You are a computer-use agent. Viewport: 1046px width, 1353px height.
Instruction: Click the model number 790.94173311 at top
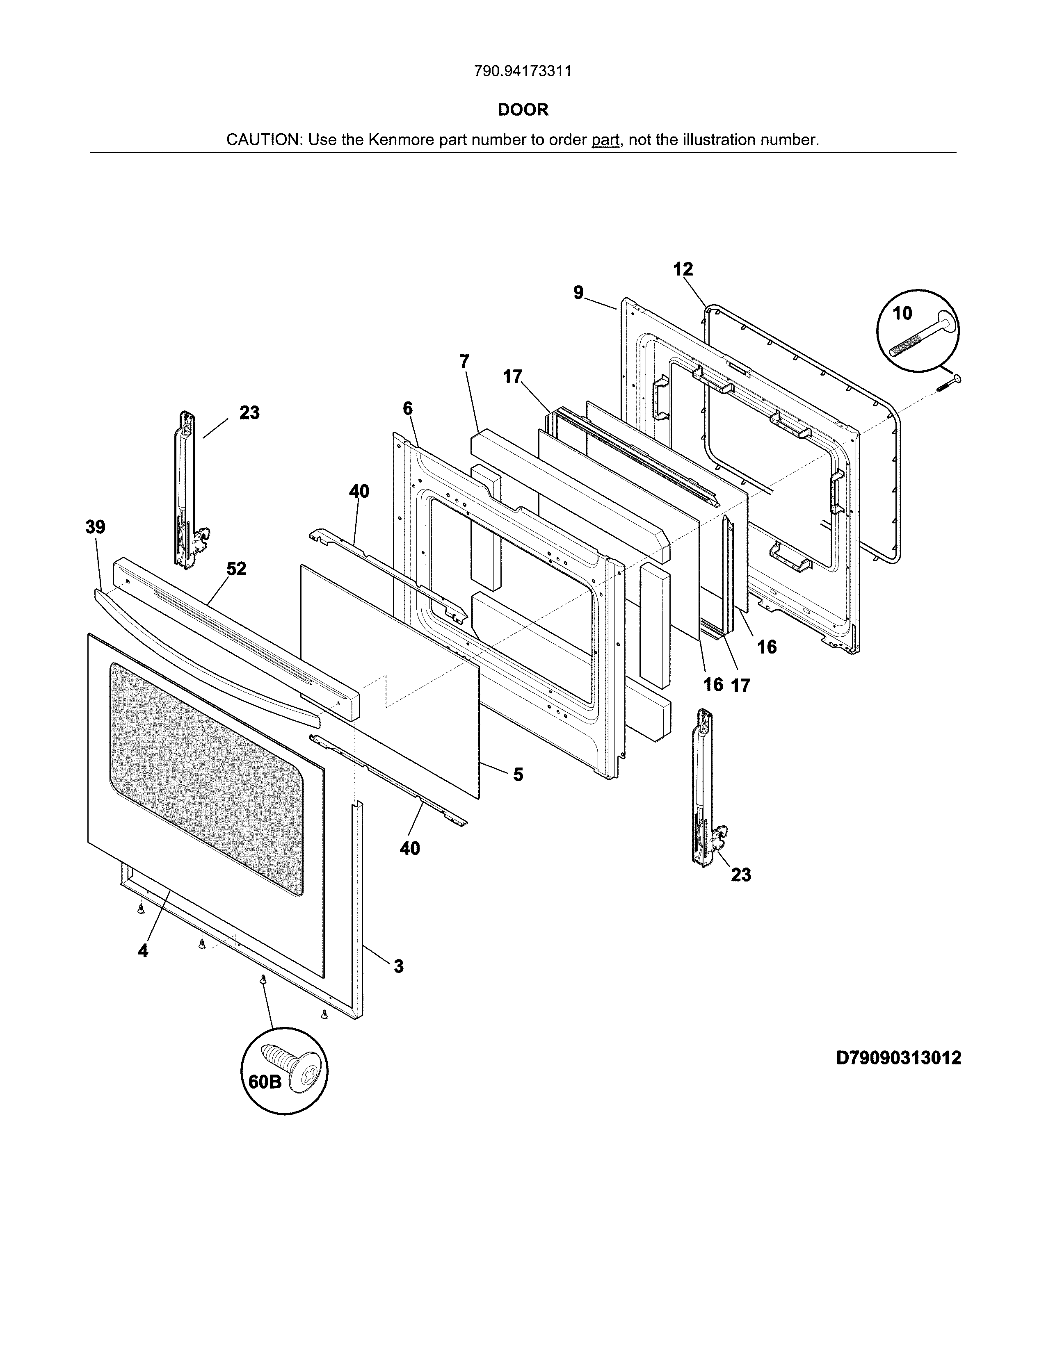522,71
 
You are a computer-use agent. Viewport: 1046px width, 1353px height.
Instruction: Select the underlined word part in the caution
605,140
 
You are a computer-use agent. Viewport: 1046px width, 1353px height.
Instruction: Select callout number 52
236,569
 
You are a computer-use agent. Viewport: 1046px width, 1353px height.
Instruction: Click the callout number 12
683,269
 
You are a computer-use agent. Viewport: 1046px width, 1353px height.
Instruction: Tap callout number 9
578,292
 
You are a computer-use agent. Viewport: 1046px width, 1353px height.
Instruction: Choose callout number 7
464,361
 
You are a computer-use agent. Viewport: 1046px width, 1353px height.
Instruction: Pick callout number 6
407,408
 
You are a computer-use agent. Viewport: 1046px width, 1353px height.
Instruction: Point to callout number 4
143,951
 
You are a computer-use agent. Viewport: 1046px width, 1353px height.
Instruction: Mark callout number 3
398,966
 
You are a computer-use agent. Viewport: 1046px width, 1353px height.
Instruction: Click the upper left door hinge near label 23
186,490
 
